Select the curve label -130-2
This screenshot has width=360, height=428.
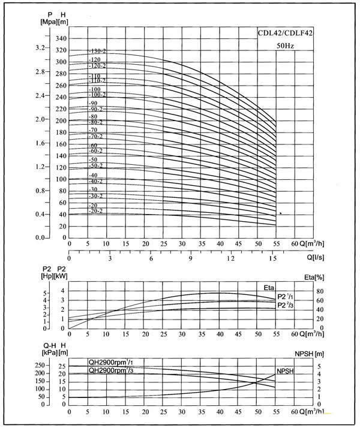97,51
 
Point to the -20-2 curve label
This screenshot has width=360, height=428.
96,211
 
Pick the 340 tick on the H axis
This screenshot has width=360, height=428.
61,39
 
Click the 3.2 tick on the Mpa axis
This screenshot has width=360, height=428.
40,47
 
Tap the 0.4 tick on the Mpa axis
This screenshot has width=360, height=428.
40,214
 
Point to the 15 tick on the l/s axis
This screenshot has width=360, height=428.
272,259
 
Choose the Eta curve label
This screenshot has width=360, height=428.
269,288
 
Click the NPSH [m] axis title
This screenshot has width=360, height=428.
328,354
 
